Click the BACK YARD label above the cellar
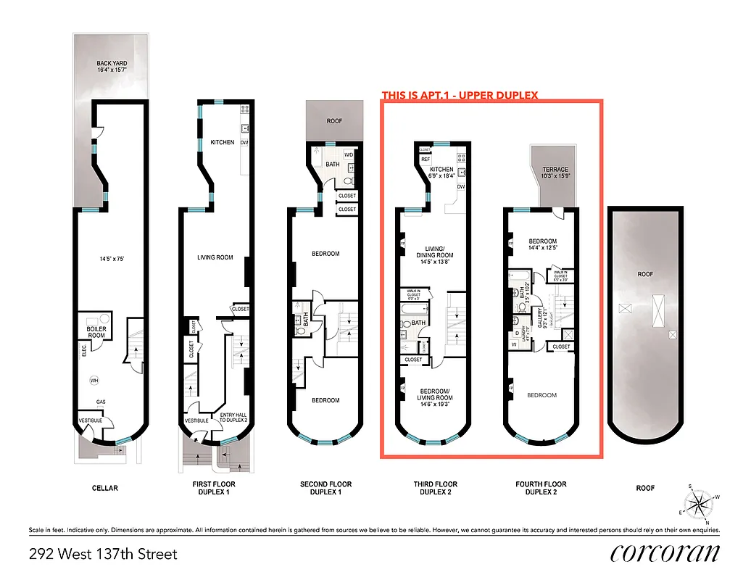pyautogui.click(x=112, y=64)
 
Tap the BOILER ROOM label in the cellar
pyautogui.click(x=96, y=331)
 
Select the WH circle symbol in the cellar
pyautogui.click(x=94, y=380)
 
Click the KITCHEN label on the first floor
pyautogui.click(x=222, y=142)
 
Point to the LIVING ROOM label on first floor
pyautogui.click(x=215, y=257)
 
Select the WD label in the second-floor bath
pyautogui.click(x=348, y=154)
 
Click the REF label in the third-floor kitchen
pyautogui.click(x=426, y=159)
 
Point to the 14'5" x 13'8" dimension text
pyautogui.click(x=434, y=262)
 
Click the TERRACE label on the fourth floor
pyautogui.click(x=556, y=170)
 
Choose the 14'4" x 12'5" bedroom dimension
pyautogui.click(x=542, y=249)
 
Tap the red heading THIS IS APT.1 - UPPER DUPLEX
pyautogui.click(x=460, y=95)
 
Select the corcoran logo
pyautogui.click(x=665, y=554)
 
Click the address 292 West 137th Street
pyautogui.click(x=103, y=555)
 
